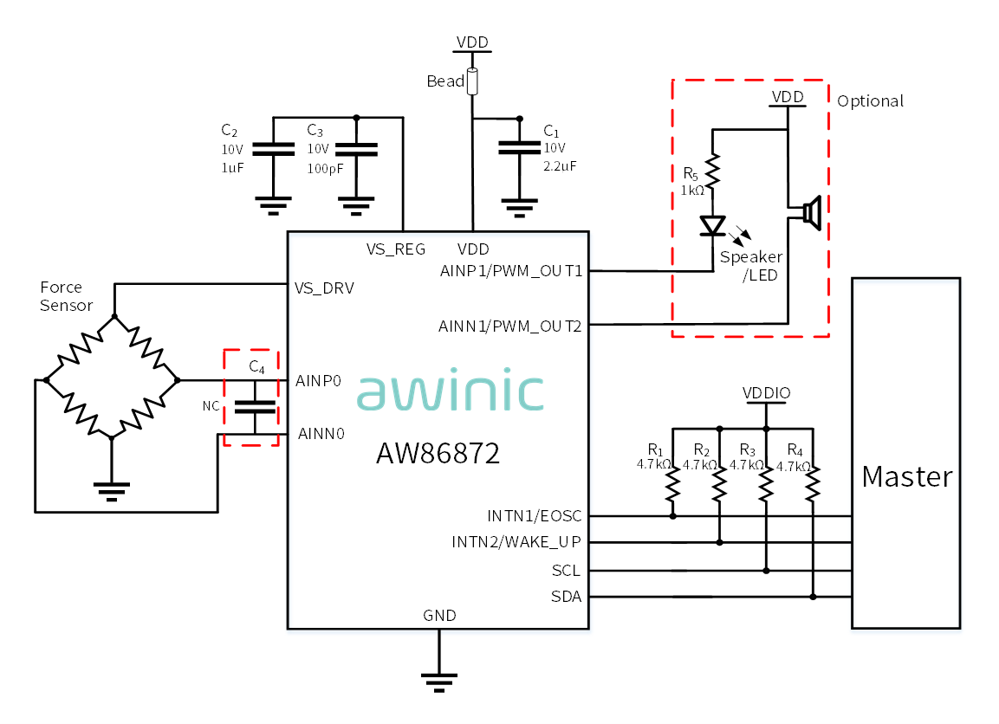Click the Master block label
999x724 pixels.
click(906, 476)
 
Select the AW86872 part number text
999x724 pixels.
click(438, 454)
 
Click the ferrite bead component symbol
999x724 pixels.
click(472, 82)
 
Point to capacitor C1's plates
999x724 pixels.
click(519, 148)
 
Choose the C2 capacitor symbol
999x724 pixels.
click(273, 149)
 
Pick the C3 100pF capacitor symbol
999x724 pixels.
click(356, 150)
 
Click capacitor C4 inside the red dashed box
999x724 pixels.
click(255, 407)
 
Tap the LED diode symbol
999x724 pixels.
click(712, 226)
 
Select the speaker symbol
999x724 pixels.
click(812, 213)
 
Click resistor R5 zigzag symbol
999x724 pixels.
click(712, 171)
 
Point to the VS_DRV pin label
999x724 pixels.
click(324, 288)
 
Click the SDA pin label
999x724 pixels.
click(566, 597)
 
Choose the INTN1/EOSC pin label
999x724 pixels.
click(534, 515)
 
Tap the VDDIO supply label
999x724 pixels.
click(767, 393)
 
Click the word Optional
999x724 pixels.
click(870, 101)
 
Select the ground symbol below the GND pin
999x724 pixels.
click(439, 682)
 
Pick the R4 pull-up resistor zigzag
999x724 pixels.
click(813, 485)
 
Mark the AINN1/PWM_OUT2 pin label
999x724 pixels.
click(509, 326)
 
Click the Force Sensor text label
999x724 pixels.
click(66, 296)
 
